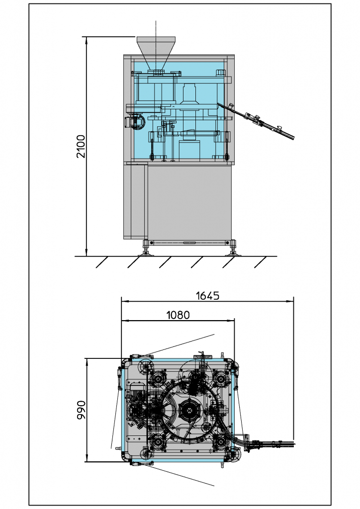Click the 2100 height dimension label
tap(81, 147)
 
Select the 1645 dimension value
tap(208, 296)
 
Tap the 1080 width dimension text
tap(178, 315)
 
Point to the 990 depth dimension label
tap(81, 410)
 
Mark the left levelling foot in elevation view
tap(146, 249)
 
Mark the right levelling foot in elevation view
tap(233, 249)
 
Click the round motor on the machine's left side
tap(136, 122)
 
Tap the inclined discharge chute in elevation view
tap(256, 121)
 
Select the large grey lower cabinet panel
tap(189, 201)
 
